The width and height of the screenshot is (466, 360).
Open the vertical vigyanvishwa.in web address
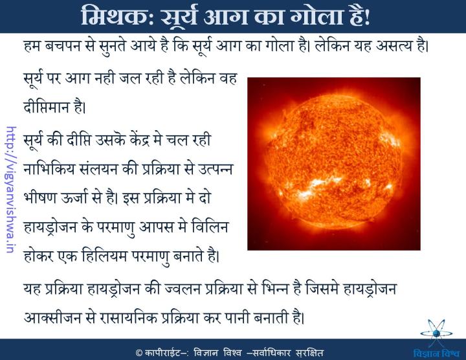[10, 179]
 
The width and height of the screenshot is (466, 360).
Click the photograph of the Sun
[333, 163]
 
